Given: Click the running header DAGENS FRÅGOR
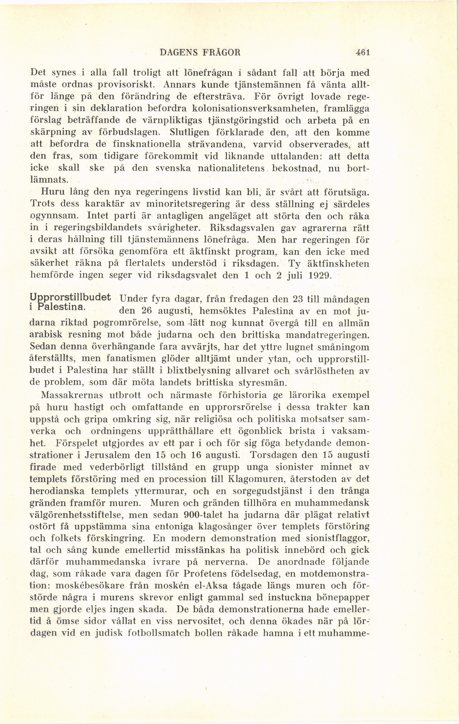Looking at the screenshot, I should pyautogui.click(x=200, y=53).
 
